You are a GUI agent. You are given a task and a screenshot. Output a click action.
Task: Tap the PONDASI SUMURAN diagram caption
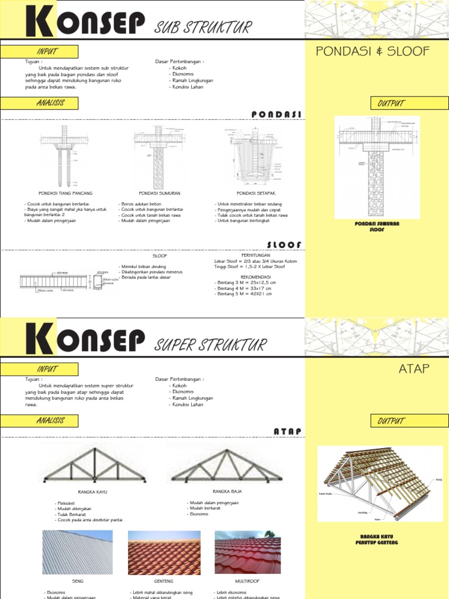tap(159, 192)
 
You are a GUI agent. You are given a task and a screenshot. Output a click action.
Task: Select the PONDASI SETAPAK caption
tap(253, 192)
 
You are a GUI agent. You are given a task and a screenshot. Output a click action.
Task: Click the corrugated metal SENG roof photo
tap(77, 552)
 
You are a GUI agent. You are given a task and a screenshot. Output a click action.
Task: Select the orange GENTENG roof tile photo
tap(164, 552)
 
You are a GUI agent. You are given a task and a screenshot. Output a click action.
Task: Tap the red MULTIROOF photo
tap(247, 552)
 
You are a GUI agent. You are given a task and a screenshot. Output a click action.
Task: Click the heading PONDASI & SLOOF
tap(372, 51)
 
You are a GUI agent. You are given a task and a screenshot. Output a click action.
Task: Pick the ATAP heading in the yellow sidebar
tap(415, 368)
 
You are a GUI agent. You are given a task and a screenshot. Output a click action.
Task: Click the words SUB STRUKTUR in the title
tap(203, 27)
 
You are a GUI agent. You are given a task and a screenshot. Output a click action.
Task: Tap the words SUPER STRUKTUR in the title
tap(210, 345)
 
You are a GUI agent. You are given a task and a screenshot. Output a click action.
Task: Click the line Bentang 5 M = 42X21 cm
tap(244, 293)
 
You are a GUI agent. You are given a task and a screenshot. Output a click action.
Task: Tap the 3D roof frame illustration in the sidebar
tap(377, 483)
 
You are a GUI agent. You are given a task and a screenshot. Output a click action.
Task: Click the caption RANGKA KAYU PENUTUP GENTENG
tap(377, 539)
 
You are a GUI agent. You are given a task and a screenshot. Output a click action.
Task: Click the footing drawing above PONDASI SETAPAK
tap(254, 154)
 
